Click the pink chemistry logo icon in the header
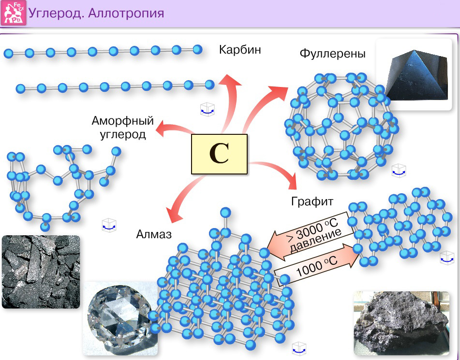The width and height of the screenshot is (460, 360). point(14,13)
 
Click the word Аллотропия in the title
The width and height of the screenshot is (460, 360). point(126,14)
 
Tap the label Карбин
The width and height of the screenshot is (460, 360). point(240,50)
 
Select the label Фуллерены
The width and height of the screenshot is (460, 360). point(332,54)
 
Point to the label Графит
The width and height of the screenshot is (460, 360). point(312,202)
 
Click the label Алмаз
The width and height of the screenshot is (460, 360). point(154,234)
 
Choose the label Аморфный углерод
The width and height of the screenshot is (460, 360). point(123,127)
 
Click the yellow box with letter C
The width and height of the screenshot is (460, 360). point(219,154)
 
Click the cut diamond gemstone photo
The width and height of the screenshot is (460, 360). point(120,318)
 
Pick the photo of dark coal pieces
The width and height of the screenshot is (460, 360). point(41,272)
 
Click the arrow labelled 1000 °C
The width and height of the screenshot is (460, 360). point(317,265)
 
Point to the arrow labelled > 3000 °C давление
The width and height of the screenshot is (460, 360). point(311,236)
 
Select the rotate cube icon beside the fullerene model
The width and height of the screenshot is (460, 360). point(399,171)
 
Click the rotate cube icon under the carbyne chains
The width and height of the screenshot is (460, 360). point(208,110)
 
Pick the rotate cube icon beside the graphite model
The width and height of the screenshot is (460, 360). point(447,258)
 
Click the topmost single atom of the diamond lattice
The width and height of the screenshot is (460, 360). point(225,213)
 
